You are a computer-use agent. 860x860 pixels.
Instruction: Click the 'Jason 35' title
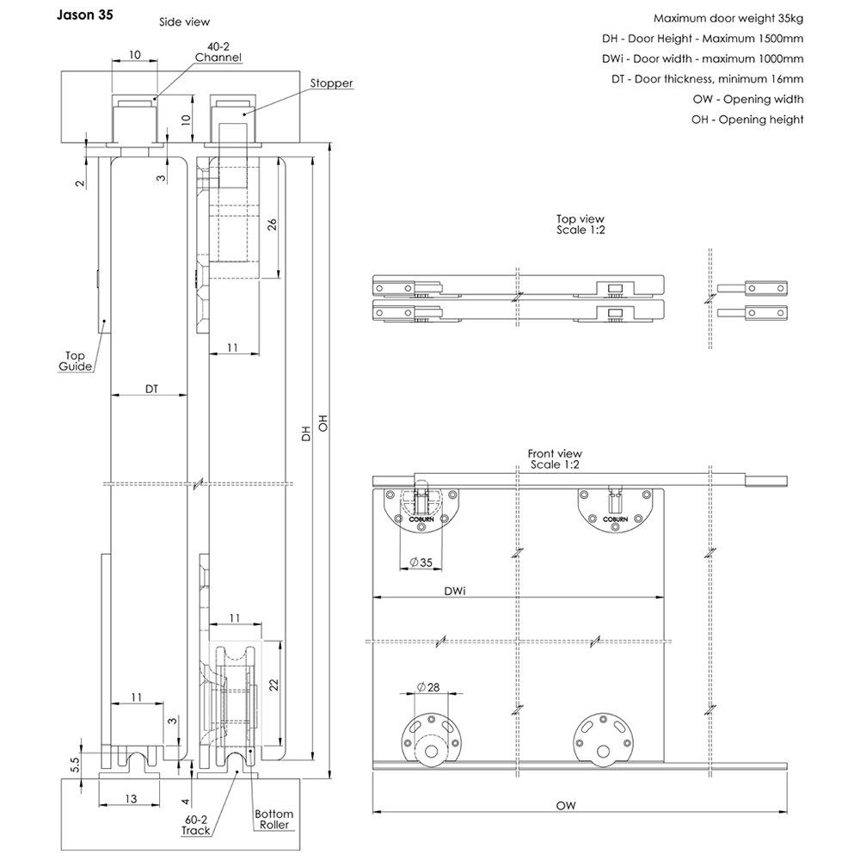pyautogui.click(x=83, y=15)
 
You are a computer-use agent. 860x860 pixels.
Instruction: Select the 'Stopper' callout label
pyautogui.click(x=332, y=83)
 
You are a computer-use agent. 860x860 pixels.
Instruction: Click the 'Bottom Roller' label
pyautogui.click(x=273, y=820)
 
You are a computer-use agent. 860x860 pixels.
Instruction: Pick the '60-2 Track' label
pyautogui.click(x=195, y=825)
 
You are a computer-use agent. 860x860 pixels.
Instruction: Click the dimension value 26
pyautogui.click(x=272, y=224)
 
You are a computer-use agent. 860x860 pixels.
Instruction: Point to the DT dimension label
pyautogui.click(x=150, y=389)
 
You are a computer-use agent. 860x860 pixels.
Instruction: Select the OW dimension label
pyautogui.click(x=565, y=806)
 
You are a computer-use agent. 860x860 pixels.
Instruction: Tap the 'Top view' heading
pyautogui.click(x=580, y=225)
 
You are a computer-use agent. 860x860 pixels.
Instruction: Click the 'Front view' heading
pyautogui.click(x=555, y=458)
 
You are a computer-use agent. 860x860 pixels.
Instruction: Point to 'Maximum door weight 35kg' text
pyautogui.click(x=728, y=18)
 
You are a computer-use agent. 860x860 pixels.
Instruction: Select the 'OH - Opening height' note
pyautogui.click(x=747, y=120)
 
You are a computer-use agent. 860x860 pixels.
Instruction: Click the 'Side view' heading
pyautogui.click(x=184, y=21)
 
